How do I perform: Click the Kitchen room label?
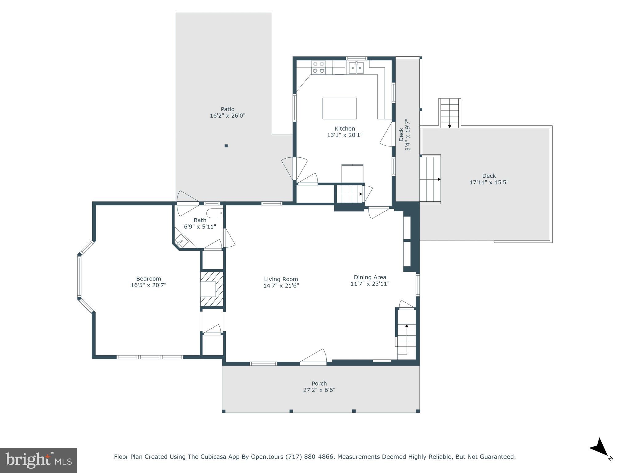tap(345, 128)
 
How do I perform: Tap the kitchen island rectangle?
tap(339, 108)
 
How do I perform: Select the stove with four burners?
tap(318, 67)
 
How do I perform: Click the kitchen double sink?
tap(356, 68)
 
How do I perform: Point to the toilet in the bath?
tap(214, 213)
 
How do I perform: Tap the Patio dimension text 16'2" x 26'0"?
tap(227, 116)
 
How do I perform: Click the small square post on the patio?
tap(226, 146)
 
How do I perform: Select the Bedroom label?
tap(149, 279)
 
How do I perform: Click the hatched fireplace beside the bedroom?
tap(212, 289)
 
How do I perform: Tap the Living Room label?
tap(281, 279)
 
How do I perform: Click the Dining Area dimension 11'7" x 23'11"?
tap(370, 284)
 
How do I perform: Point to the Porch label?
tap(319, 383)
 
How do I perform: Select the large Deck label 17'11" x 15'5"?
tap(489, 179)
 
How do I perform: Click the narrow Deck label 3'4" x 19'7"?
tap(404, 135)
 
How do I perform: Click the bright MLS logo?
tap(38, 460)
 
